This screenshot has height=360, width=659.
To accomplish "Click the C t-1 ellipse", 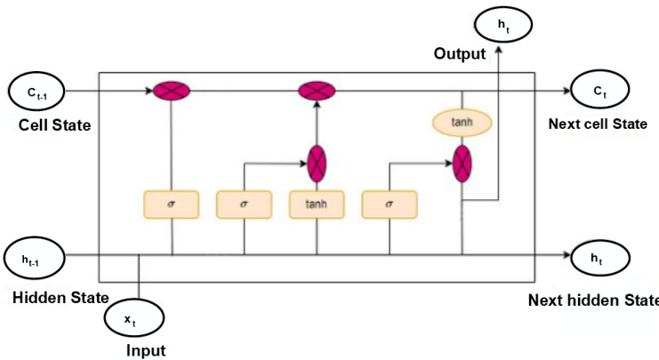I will click(35, 91).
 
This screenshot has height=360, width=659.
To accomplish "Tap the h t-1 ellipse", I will click(33, 257).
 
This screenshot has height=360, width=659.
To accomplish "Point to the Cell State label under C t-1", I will click(54, 124).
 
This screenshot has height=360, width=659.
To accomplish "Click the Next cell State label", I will click(598, 124).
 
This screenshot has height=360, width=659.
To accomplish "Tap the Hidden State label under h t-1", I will click(60, 297).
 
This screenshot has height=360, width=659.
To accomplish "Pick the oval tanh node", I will click(462, 122).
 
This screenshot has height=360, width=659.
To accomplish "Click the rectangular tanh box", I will click(317, 204).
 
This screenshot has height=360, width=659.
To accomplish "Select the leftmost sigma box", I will click(171, 204).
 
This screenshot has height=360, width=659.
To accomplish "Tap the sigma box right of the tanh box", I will click(390, 204).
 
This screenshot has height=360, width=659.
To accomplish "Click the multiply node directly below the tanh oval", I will click(462, 163).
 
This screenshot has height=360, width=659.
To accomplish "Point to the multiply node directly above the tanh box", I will click(317, 163).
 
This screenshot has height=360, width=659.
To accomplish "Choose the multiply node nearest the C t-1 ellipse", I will click(172, 91).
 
